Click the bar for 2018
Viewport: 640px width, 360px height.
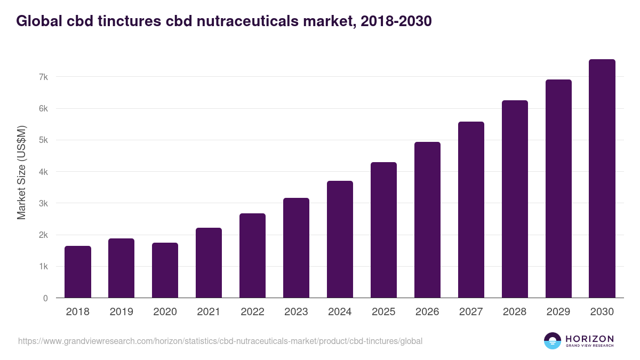[x=78, y=272]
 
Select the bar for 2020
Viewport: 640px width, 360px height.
[x=165, y=270]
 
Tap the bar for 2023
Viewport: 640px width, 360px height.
[x=296, y=248]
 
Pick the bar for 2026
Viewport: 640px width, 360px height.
[x=427, y=220]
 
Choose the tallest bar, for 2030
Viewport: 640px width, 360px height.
[x=602, y=179]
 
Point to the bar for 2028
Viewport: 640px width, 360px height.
[x=515, y=199]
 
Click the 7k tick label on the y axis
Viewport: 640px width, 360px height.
[x=43, y=77]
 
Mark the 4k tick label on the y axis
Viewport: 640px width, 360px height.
[x=43, y=172]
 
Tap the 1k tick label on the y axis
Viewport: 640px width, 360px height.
[x=43, y=267]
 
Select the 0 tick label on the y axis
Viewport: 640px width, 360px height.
[x=45, y=298]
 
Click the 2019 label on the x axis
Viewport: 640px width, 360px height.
[x=122, y=312]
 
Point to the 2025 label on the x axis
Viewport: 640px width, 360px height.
[x=383, y=312]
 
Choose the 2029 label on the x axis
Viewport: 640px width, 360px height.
[x=558, y=312]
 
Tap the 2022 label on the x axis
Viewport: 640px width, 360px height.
[x=252, y=312]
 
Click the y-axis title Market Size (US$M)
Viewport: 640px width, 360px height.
[x=21, y=172]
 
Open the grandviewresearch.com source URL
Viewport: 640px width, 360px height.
[x=220, y=341]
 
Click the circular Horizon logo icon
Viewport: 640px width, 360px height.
[x=553, y=341]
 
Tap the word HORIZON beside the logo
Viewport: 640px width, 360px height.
[x=589, y=339]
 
